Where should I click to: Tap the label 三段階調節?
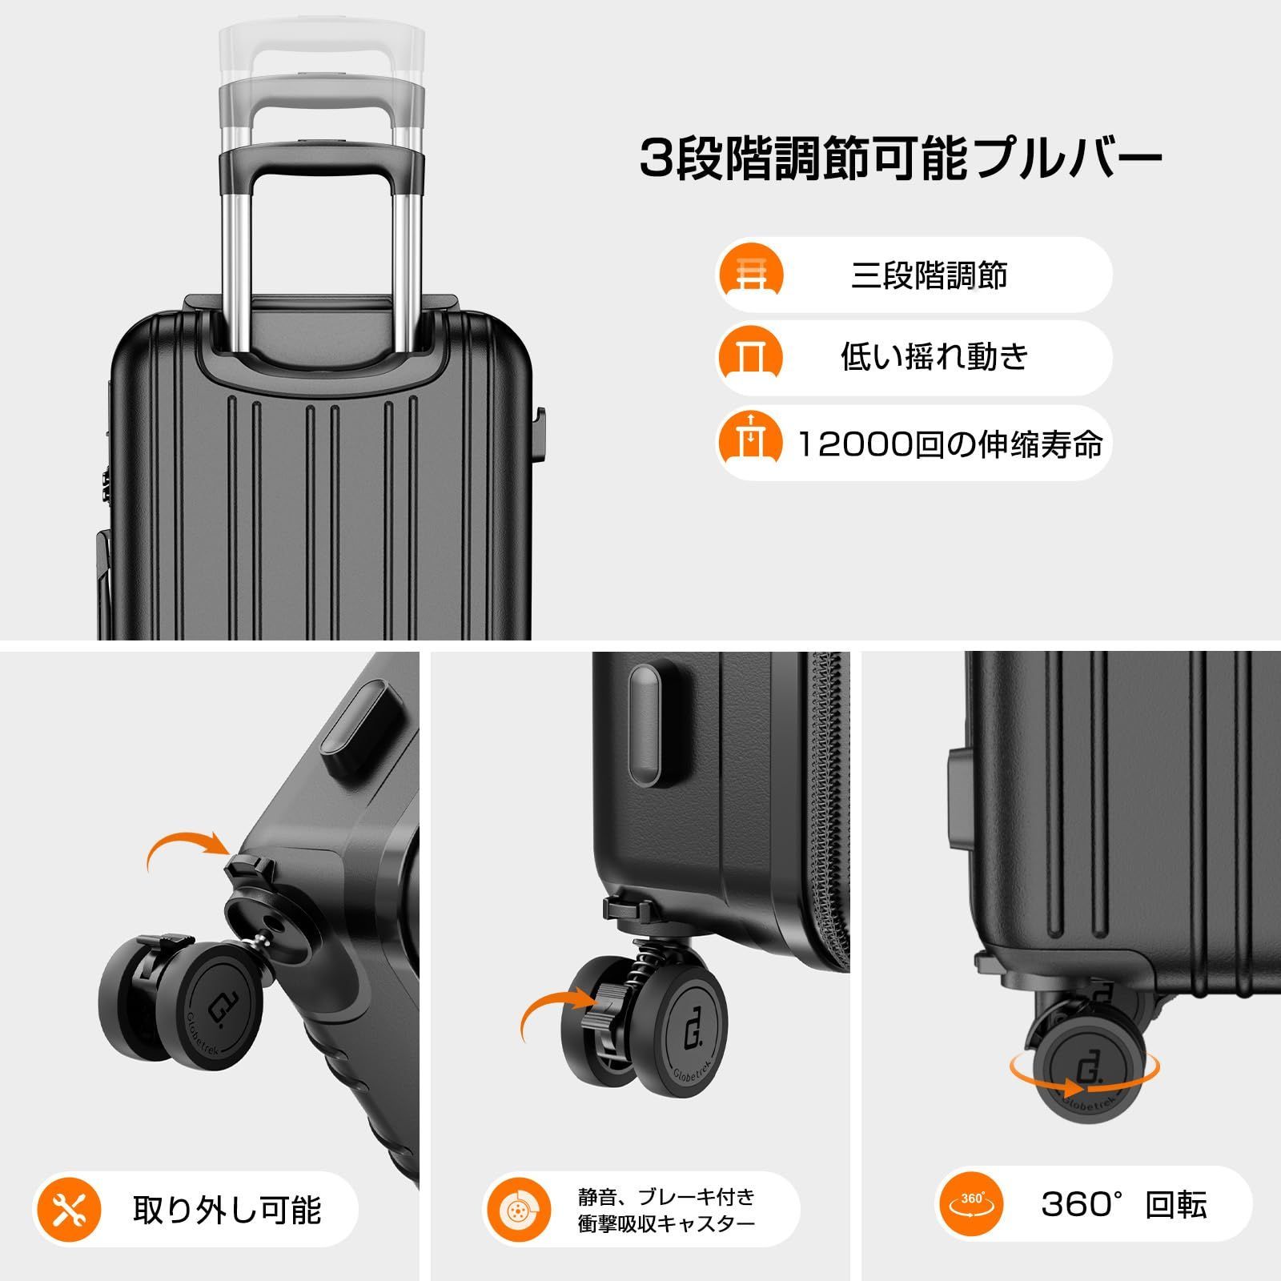click(929, 275)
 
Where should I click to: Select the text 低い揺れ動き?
click(934, 357)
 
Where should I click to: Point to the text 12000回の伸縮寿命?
click(950, 444)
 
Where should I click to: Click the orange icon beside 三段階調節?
click(750, 275)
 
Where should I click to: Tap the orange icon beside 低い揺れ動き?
click(750, 357)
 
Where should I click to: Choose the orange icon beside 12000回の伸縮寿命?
click(750, 443)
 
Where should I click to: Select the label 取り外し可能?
click(227, 1209)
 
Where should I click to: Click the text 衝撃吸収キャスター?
click(666, 1224)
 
